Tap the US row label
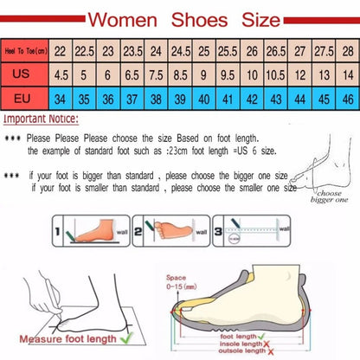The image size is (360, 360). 25,75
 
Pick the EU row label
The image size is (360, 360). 25,99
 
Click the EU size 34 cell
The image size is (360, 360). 62,99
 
